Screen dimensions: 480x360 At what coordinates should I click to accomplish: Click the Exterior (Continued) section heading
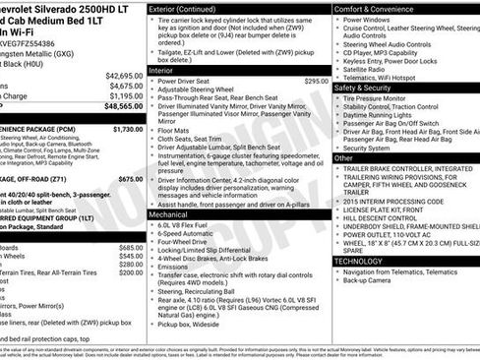184,8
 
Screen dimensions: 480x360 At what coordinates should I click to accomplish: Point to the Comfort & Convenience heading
374,8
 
